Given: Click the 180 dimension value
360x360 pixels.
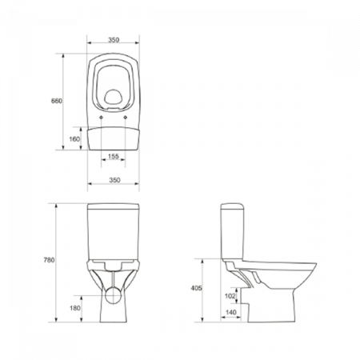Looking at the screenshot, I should tap(75, 308).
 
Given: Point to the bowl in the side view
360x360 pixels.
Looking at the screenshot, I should tap(276, 280).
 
